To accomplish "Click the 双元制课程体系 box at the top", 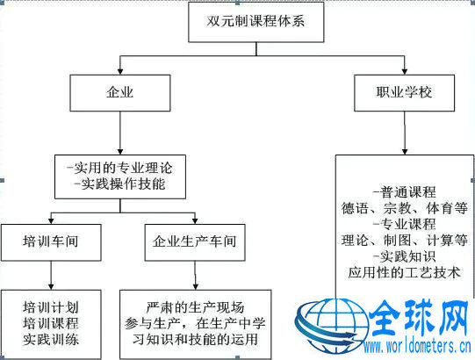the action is click(x=256, y=22).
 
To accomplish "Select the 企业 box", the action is click(x=120, y=93).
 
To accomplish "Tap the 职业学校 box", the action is click(x=404, y=93).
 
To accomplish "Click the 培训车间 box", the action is click(x=51, y=242).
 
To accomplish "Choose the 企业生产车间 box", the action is click(x=195, y=242).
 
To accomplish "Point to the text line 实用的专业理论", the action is click(x=120, y=169).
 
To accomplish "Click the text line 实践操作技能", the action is click(x=120, y=184).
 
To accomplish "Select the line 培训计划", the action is click(x=51, y=307).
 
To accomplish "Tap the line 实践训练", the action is click(x=51, y=340).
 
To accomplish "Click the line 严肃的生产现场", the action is click(x=195, y=307).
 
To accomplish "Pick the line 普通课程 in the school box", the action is click(x=404, y=192).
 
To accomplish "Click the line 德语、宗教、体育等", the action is click(x=404, y=208).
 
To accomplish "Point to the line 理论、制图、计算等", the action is click(x=404, y=241).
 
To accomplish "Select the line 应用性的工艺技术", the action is click(x=404, y=272).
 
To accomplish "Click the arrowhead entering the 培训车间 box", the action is click(x=51, y=221).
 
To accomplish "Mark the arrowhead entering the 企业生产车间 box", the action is click(x=195, y=221).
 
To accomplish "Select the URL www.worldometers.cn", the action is click(x=417, y=346).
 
